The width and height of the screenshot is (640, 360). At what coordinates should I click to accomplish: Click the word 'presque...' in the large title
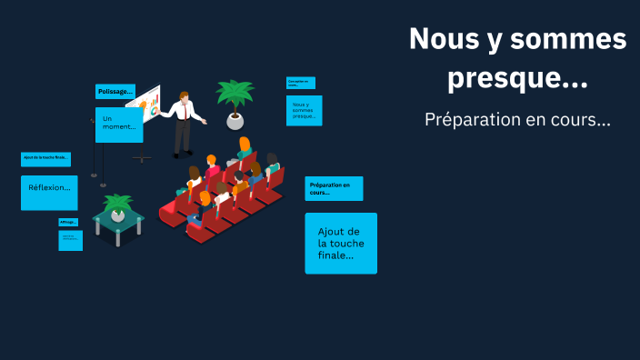[517, 79]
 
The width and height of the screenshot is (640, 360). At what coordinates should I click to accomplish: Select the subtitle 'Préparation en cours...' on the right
[517, 119]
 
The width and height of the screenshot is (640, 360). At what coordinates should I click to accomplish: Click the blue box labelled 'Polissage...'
[115, 91]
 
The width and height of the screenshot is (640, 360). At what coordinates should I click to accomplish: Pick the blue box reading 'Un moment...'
[119, 125]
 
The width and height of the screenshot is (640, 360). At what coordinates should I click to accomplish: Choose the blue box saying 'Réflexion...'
[49, 192]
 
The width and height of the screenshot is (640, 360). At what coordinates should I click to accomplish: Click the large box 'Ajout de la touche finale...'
[340, 243]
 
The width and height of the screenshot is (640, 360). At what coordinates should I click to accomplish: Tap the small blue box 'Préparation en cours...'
[334, 188]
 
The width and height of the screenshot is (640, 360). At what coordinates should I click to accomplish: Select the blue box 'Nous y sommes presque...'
[304, 111]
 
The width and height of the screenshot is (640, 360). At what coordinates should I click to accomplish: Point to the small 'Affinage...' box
[68, 222]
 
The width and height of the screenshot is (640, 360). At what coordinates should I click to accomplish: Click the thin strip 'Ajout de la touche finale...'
[45, 159]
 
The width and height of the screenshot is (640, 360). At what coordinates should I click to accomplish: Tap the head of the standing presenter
[185, 95]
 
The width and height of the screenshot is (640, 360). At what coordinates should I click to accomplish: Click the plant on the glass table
[117, 206]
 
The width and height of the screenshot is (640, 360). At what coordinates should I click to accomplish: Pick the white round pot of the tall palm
[235, 121]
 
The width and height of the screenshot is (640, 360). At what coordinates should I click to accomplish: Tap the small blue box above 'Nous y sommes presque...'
[300, 83]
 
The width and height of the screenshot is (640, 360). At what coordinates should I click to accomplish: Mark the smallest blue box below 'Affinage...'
[71, 240]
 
